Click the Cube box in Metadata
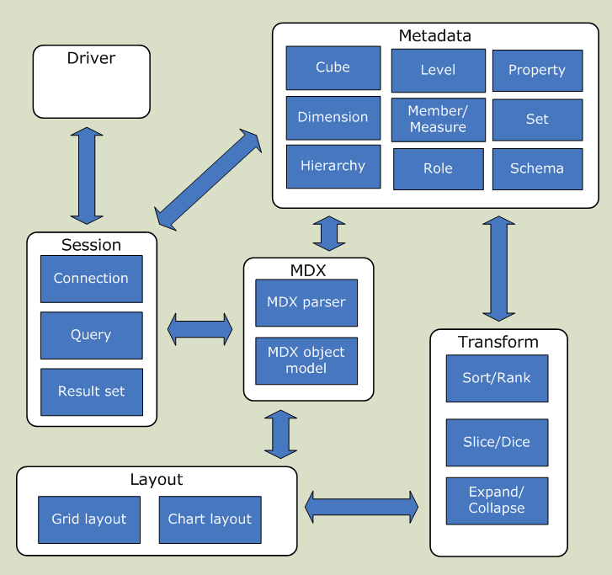tap(333, 68)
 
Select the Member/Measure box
tap(438, 120)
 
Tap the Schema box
tap(536, 168)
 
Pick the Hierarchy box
tap(333, 166)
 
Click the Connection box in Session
tap(91, 279)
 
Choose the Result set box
tap(91, 391)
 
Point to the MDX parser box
tap(306, 302)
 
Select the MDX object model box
tap(306, 361)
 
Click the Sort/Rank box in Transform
tap(497, 378)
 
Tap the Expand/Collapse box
tap(497, 501)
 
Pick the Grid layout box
tap(88, 519)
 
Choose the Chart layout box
tap(210, 519)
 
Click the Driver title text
tap(91, 58)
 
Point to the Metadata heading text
tap(434, 35)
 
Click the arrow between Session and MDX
tap(200, 328)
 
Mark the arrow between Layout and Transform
tap(361, 506)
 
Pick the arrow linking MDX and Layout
tap(280, 434)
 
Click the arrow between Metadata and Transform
tap(498, 269)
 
